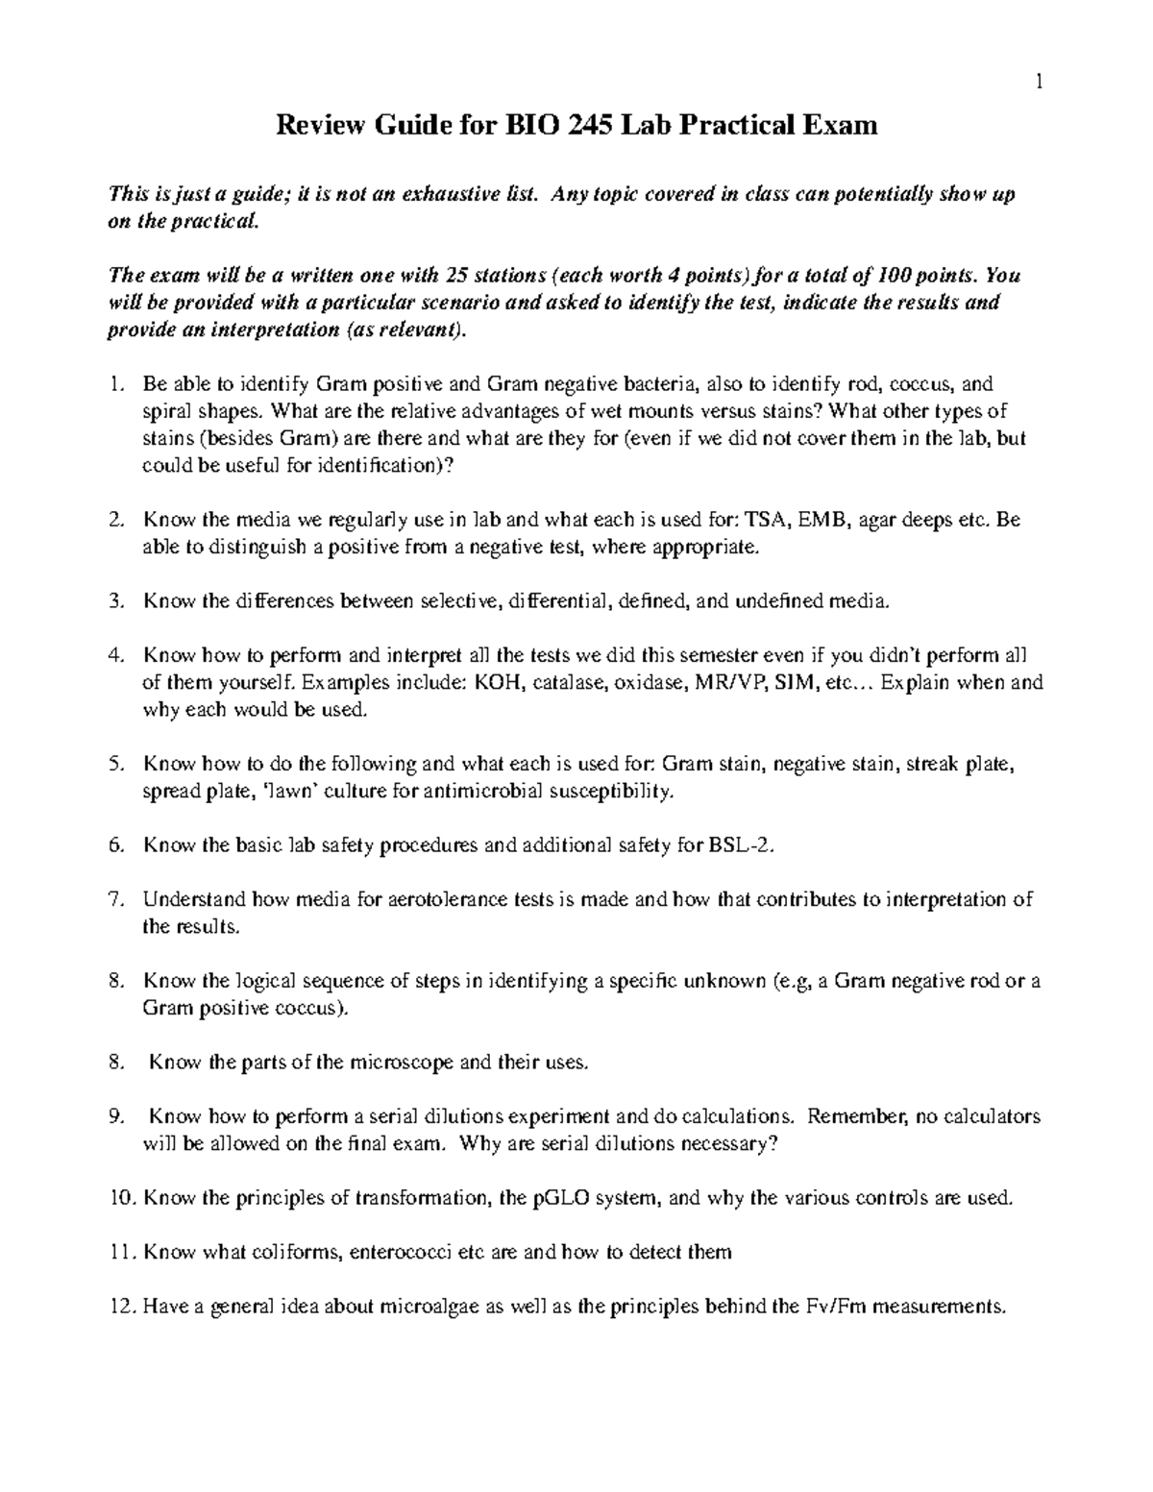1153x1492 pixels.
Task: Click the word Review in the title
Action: [x=316, y=125]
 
